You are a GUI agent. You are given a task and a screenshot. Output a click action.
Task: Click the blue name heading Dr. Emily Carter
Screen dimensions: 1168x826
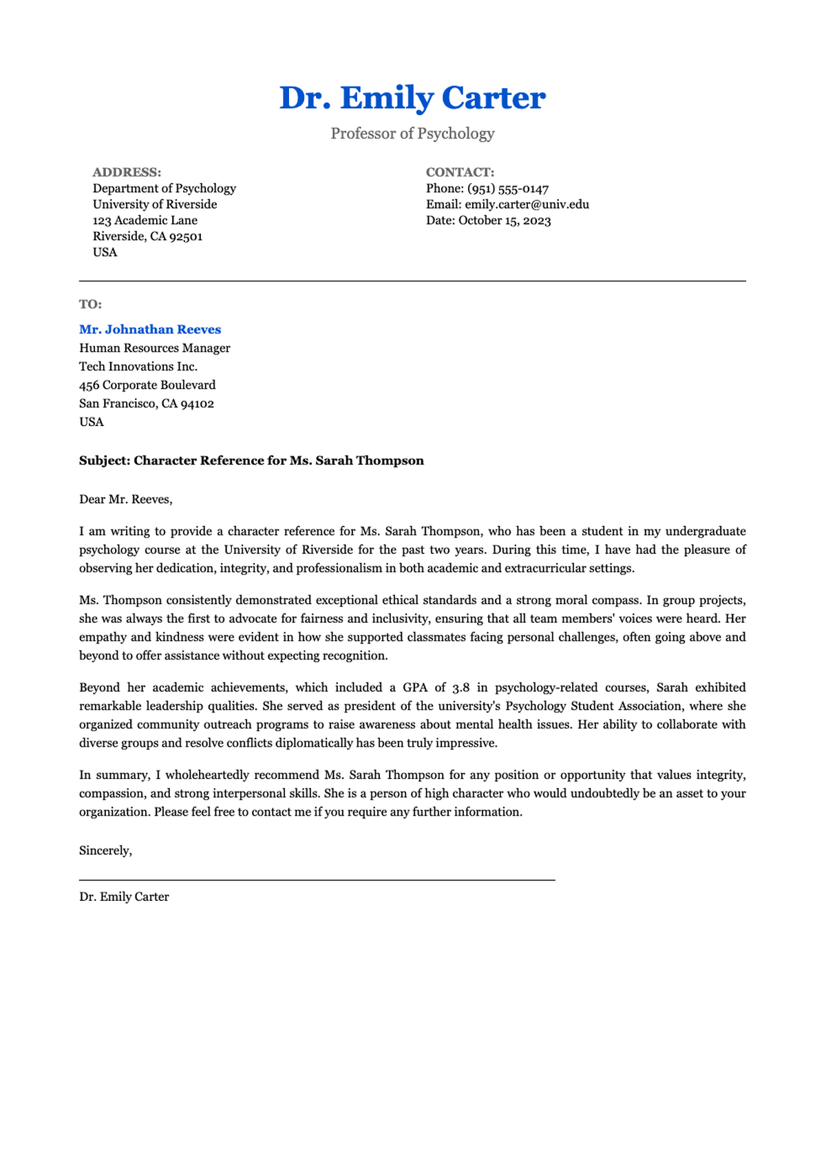pos(412,98)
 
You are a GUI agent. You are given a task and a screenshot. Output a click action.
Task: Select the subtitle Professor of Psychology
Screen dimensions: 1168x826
pos(412,134)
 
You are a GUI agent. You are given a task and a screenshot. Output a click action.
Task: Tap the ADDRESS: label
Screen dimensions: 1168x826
pos(127,172)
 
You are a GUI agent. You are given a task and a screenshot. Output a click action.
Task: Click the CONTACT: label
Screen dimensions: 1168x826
pos(460,172)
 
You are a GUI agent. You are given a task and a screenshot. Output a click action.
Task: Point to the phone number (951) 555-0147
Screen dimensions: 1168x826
pos(508,189)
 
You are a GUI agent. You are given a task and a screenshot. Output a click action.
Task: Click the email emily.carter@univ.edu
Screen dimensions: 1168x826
pos(527,204)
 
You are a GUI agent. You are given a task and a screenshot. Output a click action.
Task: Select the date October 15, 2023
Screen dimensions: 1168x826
pos(505,220)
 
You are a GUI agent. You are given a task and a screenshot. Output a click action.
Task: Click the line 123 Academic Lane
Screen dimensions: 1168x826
pos(145,220)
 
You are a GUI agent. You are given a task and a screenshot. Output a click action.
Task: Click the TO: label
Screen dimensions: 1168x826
pos(90,304)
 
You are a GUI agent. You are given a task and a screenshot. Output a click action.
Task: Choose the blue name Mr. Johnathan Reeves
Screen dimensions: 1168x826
pos(150,330)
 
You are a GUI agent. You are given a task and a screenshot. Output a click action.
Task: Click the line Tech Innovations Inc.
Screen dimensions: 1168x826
pos(138,366)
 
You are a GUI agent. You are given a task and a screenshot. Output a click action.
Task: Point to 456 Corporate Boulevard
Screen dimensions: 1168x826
pos(147,385)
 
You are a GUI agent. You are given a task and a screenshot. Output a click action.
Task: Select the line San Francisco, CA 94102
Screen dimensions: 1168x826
pos(147,403)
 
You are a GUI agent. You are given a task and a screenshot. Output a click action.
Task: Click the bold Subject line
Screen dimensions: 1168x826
pos(251,460)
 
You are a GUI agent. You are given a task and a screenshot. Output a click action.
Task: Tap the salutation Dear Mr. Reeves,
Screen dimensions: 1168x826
pos(126,500)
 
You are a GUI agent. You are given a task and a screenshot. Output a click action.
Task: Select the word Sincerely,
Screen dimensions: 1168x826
pos(105,851)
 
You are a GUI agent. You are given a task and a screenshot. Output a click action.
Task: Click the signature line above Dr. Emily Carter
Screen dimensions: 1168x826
pos(317,880)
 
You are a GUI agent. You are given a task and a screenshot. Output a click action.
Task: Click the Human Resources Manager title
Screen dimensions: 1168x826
pos(155,348)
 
